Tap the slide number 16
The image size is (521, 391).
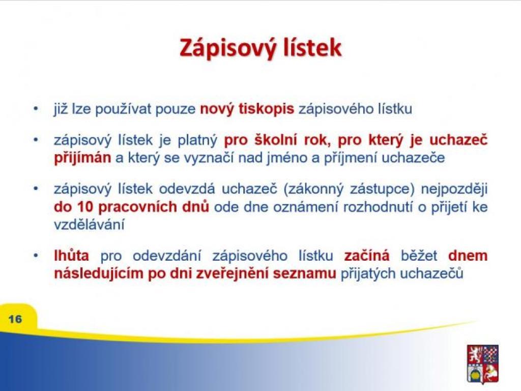point(15,319)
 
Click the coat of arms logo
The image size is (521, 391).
point(482,364)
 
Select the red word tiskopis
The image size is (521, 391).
point(266,109)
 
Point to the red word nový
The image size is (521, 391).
point(217,109)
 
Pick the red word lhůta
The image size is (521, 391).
point(71,256)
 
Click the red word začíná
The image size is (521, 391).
point(366,256)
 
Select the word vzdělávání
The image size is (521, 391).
point(89,225)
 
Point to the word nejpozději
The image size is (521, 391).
point(454,189)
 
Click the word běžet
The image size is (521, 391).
point(419,256)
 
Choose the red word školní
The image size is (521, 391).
point(275,140)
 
